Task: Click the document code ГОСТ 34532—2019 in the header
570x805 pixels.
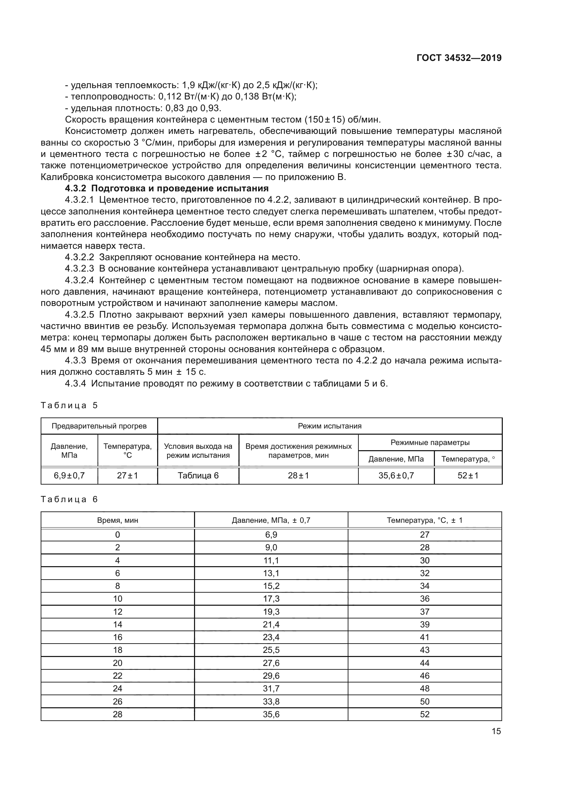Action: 459,58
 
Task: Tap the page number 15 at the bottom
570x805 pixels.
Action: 496,731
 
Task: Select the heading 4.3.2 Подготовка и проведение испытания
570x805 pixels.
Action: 167,188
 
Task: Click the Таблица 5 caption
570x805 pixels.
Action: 69,405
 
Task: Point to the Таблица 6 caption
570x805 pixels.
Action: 69,499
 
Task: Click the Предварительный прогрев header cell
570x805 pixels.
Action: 99,426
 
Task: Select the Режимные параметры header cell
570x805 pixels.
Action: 430,443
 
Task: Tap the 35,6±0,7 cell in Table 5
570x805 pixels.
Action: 396,475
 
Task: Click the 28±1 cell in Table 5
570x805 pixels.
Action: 298,475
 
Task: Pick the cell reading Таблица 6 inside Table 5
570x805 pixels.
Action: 198,475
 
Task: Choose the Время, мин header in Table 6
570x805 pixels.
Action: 118,520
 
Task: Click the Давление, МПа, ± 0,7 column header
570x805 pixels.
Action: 271,520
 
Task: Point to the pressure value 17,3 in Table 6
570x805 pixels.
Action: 271,599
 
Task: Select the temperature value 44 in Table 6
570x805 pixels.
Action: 425,663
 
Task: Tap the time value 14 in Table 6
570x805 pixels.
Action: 118,624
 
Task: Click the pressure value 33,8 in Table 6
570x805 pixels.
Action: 271,701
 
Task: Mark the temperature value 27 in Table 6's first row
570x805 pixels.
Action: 425,535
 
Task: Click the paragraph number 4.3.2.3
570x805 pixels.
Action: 79,268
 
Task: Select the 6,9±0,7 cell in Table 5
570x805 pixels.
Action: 69,475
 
